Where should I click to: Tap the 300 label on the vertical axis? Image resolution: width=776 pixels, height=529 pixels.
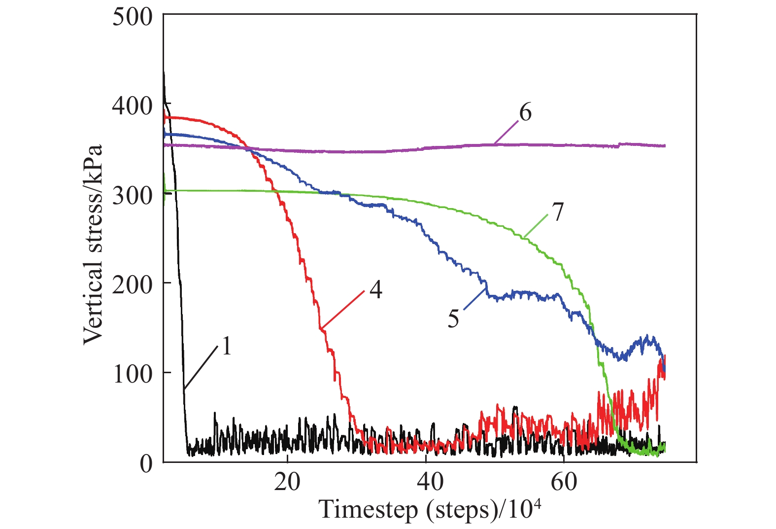point(133,195)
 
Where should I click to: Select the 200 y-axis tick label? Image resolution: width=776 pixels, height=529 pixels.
point(133,284)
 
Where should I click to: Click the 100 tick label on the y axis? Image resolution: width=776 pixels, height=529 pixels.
point(133,374)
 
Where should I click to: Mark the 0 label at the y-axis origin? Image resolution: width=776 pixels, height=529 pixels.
point(146,463)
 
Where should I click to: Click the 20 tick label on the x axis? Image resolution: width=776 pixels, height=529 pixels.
point(287,482)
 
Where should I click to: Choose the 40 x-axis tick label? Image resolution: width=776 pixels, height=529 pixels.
point(430,482)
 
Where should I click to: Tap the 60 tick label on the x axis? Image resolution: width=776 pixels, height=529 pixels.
point(564,482)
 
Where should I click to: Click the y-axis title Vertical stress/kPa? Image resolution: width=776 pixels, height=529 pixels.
point(93,245)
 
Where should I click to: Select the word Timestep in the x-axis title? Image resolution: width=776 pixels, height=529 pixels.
point(368,509)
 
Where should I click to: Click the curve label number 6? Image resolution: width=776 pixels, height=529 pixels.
point(525,113)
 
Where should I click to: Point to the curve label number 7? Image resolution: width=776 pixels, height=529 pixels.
point(557,212)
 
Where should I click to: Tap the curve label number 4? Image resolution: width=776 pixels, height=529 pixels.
point(376,289)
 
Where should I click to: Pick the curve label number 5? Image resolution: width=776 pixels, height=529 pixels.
point(453,319)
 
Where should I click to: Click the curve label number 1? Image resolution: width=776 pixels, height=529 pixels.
point(226,346)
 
